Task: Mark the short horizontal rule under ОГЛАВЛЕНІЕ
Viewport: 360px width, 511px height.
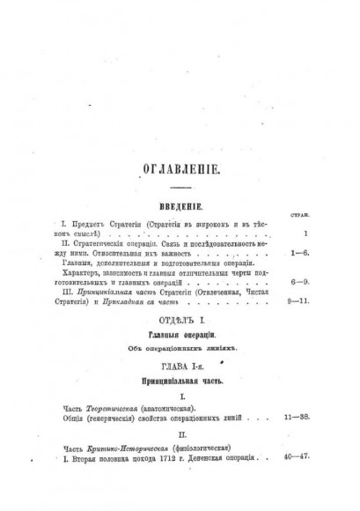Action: [x=179, y=187]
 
